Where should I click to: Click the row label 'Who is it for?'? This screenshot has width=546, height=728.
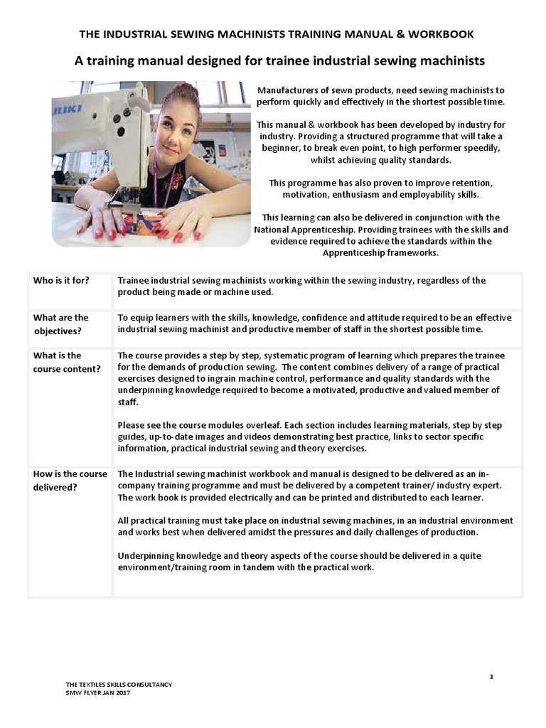point(61,280)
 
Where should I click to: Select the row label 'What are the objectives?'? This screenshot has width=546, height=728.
point(61,324)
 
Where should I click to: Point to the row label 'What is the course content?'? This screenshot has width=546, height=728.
point(65,362)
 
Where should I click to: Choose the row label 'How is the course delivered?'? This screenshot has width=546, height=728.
point(70,481)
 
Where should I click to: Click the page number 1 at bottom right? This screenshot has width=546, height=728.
point(491,676)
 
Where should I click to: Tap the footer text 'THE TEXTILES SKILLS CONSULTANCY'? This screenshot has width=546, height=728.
point(119,685)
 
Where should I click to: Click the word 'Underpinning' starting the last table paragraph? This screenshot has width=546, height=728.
point(146,557)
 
